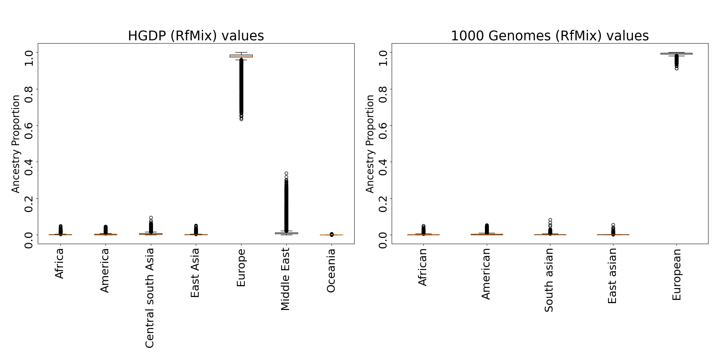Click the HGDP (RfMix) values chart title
pos(196,36)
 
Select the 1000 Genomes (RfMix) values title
pos(550,36)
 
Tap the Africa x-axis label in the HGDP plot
pos(59,263)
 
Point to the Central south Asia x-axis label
pos(150,298)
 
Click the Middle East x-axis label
pos(285,279)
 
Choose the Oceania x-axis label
pos(331,270)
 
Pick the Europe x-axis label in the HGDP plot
pos(241,267)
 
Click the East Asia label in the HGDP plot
pos(195,273)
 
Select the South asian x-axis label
pos(549,280)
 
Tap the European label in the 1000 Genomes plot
pos(677,274)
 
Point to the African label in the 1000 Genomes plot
pos(423,267)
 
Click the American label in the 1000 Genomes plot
pos(486,274)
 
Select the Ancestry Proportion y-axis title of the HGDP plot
pos(16,144)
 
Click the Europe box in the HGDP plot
pos(241,56)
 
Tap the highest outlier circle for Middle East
pos(286,174)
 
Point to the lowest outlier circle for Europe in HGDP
pos(241,119)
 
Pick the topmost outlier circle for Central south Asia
pos(151,218)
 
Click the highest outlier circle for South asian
pos(550,220)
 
